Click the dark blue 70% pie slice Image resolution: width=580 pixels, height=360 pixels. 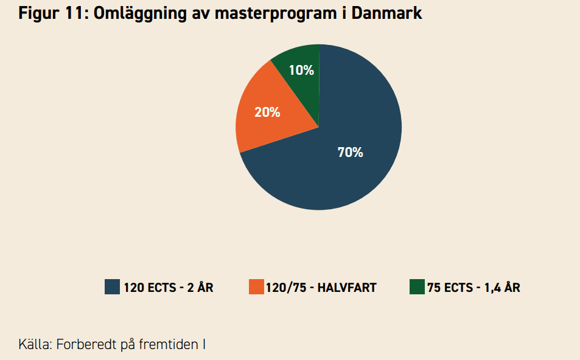point(341,176)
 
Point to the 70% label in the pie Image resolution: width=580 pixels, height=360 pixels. point(350,153)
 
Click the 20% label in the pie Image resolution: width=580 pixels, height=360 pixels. point(267,112)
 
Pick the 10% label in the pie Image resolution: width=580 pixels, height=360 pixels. point(301,71)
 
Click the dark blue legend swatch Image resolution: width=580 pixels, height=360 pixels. point(112,287)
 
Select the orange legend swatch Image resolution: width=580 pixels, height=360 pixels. point(256,287)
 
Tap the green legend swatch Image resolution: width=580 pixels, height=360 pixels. point(417,287)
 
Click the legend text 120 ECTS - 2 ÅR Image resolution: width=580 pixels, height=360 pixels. point(169,288)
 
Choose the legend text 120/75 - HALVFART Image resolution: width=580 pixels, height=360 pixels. point(321,288)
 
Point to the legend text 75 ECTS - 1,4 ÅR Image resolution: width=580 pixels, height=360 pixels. point(473,288)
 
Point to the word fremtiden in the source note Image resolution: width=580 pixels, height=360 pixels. point(167,344)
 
